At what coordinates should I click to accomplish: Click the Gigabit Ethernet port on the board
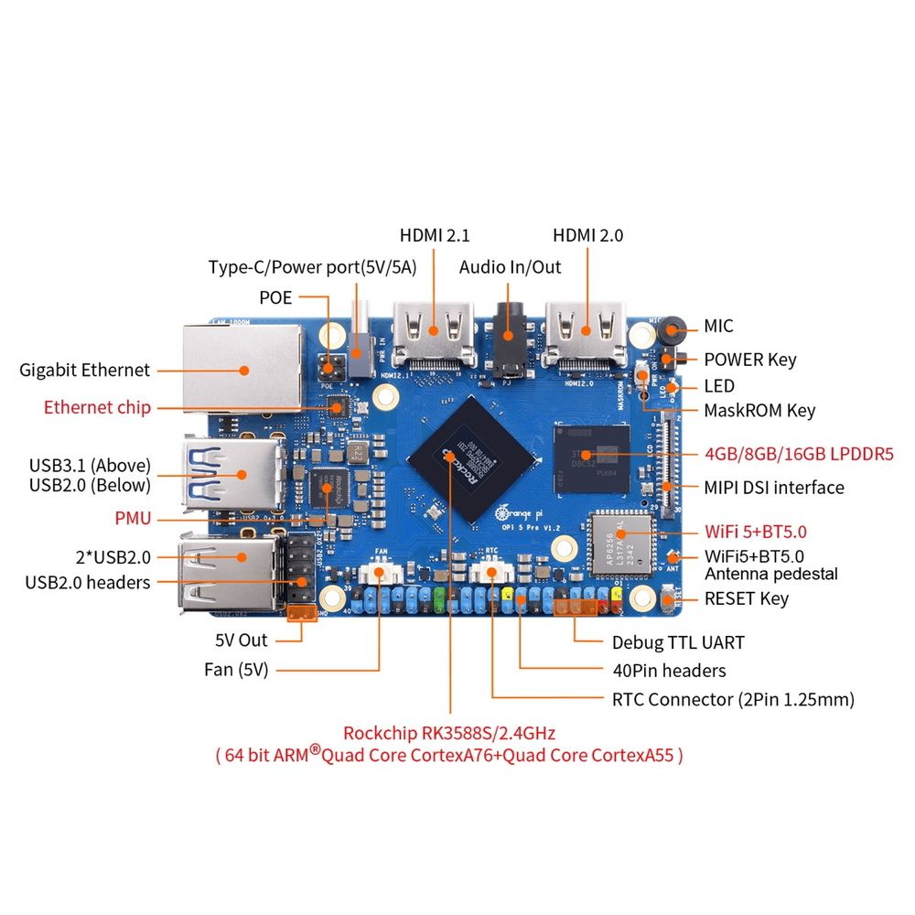click(x=242, y=368)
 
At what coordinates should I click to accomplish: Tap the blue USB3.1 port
click(x=238, y=473)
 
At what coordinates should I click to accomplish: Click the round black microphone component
click(x=673, y=328)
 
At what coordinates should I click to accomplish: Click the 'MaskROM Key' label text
click(x=759, y=410)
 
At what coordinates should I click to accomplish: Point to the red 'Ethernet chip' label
click(x=98, y=407)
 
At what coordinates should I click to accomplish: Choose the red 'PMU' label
click(x=134, y=518)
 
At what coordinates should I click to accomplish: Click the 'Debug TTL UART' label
click(x=678, y=642)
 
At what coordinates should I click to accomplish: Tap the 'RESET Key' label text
click(x=746, y=598)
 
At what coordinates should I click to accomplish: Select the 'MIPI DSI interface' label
click(x=774, y=487)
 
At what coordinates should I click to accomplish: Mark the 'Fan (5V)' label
click(x=236, y=670)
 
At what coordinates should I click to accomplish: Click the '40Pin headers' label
click(x=669, y=671)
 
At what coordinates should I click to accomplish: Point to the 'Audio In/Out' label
click(x=510, y=267)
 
